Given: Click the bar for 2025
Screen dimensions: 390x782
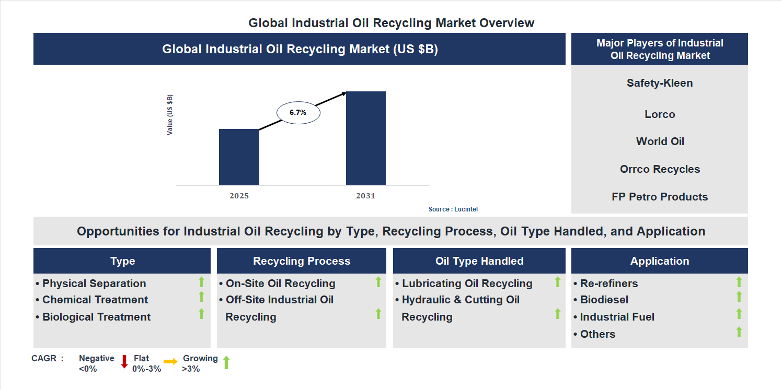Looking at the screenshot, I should (239, 157).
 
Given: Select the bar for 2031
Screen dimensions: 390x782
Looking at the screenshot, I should (366, 138).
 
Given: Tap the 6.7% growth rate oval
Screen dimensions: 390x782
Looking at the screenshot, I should (298, 112).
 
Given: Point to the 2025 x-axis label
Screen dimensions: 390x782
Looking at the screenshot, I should (239, 196).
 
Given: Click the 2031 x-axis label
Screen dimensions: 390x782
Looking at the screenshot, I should (365, 196).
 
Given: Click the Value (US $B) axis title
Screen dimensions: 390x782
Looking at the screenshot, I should (170, 115).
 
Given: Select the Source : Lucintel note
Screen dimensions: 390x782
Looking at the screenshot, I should (453, 209).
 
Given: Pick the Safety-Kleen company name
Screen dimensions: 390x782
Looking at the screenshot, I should (660, 83).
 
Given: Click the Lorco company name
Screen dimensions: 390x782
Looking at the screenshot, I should (660, 114).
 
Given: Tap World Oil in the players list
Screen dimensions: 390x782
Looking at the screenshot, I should (660, 141).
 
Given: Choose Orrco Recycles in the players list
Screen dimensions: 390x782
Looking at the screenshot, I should (660, 169).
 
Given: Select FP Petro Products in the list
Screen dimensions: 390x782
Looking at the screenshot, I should (660, 197).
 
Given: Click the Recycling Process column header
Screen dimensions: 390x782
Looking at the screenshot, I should (302, 261).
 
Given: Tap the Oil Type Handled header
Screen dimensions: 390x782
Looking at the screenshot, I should (479, 261).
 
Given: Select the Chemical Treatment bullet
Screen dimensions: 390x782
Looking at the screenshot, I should (95, 300).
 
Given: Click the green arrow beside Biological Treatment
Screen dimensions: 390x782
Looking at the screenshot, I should (201, 314).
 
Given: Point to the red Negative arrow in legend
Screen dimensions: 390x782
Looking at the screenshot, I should (124, 361).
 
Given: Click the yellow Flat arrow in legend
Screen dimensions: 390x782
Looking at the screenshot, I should (170, 361).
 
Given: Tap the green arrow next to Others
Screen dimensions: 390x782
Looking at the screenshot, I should (739, 332).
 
